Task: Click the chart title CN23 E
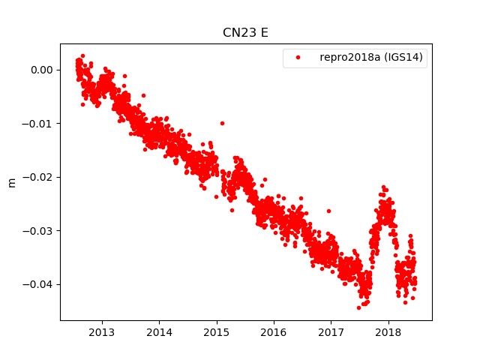[x=245, y=33]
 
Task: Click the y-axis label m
[x=11, y=182]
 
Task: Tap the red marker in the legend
[x=297, y=58]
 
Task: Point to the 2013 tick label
[x=101, y=332]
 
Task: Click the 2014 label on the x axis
[x=159, y=332]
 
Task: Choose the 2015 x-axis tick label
[x=216, y=332]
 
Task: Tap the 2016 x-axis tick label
[x=274, y=332]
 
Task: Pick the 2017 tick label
[x=331, y=332]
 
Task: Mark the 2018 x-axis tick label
[x=388, y=332]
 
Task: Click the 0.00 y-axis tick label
[x=41, y=70]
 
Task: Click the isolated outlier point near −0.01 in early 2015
[x=222, y=123]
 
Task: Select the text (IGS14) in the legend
[x=405, y=58]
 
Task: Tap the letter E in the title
[x=264, y=33]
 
